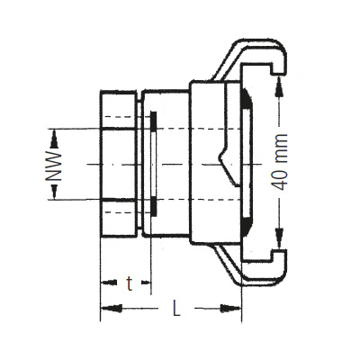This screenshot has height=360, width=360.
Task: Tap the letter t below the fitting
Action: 130,284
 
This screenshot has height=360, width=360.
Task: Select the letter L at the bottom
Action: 175,310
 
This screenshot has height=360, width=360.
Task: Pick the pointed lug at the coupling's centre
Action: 224,165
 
